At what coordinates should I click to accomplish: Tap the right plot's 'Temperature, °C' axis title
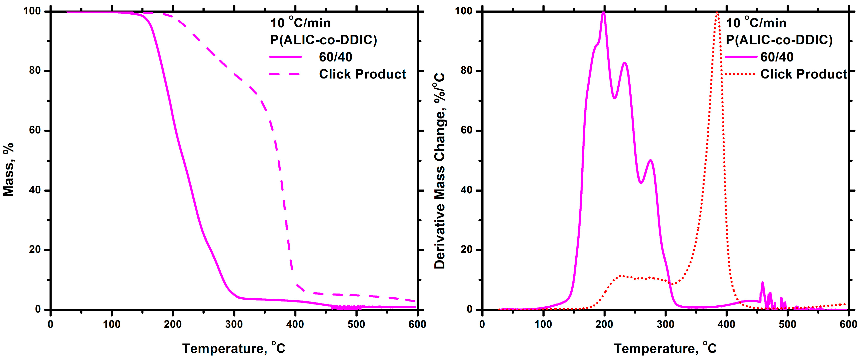tap(665, 348)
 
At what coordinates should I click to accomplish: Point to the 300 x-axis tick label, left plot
tap(234, 324)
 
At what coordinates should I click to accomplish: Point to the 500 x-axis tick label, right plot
tap(788, 324)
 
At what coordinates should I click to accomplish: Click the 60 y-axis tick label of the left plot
tap(35, 130)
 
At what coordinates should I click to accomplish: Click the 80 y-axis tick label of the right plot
tap(467, 71)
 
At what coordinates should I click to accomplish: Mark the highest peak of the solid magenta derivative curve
tap(603, 13)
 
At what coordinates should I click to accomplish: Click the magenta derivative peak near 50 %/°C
tap(650, 160)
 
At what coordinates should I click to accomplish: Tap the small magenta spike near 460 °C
tap(762, 283)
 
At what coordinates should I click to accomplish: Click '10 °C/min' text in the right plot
tap(756, 23)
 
